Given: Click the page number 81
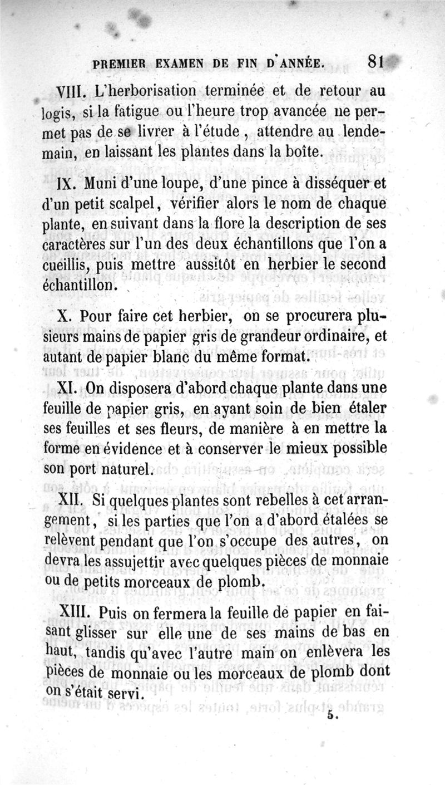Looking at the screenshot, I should point(375,62).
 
